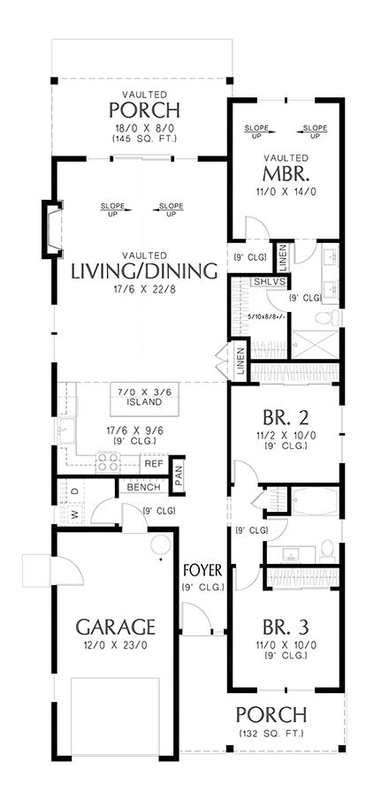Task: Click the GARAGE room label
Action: [115, 627]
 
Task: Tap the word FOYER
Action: [202, 567]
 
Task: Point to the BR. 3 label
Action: [284, 627]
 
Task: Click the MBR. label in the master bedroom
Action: [285, 172]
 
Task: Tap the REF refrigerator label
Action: [154, 463]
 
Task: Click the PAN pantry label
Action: [178, 477]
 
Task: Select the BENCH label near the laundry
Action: [143, 487]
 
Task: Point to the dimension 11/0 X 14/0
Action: [285, 191]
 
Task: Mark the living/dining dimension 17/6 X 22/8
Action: [143, 289]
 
